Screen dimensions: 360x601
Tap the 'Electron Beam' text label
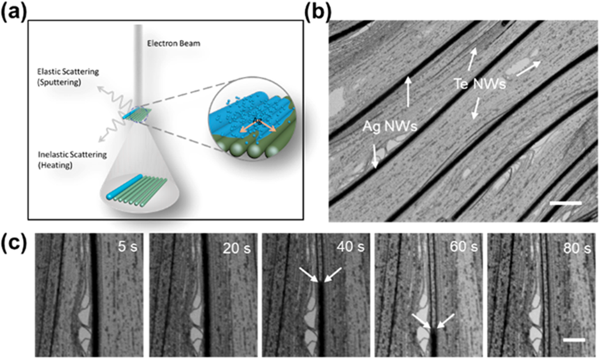[x=173, y=43]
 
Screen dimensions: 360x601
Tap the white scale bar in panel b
[x=565, y=203]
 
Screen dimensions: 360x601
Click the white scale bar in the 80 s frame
[x=573, y=340]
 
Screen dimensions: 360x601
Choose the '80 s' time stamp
[x=574, y=248]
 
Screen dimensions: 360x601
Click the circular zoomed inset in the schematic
[x=243, y=119]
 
